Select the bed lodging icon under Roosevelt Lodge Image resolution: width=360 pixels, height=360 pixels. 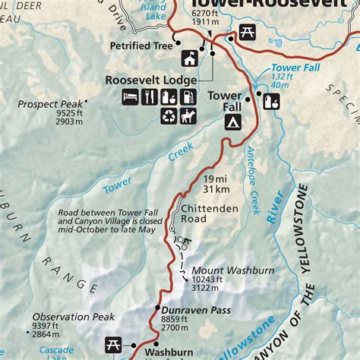point(131,96)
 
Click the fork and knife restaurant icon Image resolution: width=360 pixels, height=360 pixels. point(149,96)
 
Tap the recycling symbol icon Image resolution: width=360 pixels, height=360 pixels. point(169,115)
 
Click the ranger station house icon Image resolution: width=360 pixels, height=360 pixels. point(188,58)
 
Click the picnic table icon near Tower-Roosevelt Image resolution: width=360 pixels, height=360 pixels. point(247,32)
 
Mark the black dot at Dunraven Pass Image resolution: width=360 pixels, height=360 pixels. point(156,310)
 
